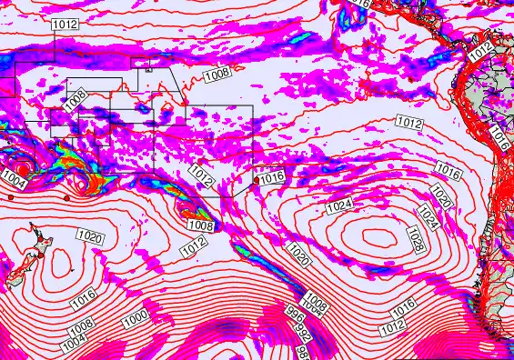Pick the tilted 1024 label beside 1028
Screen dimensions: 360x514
click(428, 216)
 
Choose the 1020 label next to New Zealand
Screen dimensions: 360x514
click(89, 236)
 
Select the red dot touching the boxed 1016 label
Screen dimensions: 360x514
click(256, 180)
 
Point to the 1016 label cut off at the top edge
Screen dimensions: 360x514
click(362, 4)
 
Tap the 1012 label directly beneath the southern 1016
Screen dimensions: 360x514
click(393, 325)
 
